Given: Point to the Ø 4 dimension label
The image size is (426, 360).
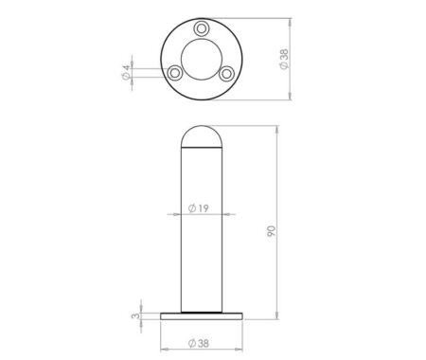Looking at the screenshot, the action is tap(126, 72).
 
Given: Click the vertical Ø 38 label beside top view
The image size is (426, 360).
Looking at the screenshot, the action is tap(284, 60).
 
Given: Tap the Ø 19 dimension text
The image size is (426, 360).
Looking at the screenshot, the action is tap(198, 208).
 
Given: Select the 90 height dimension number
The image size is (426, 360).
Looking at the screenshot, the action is tap(271, 231).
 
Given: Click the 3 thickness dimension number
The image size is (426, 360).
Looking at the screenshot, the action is tap(135, 315).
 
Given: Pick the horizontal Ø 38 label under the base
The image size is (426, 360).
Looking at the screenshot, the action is tap(199, 343).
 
